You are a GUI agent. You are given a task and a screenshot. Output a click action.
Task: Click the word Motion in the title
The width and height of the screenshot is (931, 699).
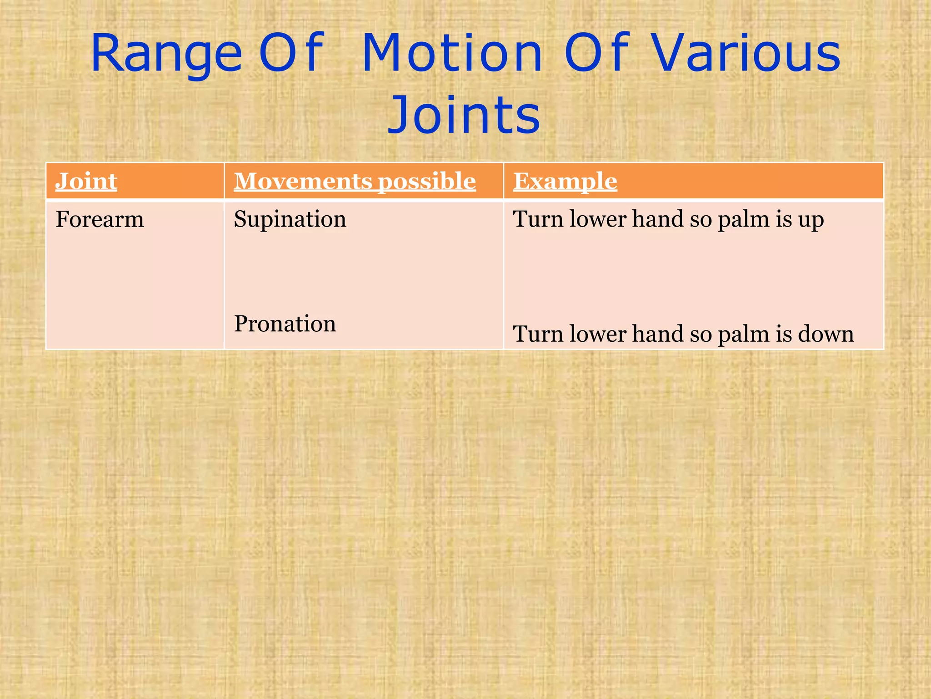click(x=452, y=54)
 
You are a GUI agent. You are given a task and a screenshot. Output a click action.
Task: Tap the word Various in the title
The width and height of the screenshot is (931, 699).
click(x=746, y=54)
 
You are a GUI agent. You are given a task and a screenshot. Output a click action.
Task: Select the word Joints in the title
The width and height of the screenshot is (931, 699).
click(x=464, y=115)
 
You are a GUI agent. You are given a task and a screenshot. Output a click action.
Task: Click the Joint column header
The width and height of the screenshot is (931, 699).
click(x=86, y=181)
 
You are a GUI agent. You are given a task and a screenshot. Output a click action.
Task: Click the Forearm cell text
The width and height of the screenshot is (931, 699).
click(x=100, y=220)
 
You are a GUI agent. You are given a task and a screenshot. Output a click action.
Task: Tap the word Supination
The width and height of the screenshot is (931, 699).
click(x=290, y=219)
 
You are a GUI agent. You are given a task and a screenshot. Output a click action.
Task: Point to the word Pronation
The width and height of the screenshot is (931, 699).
click(x=285, y=324)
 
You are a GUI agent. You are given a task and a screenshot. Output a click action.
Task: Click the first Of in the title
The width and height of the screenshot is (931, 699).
click(x=291, y=54)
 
